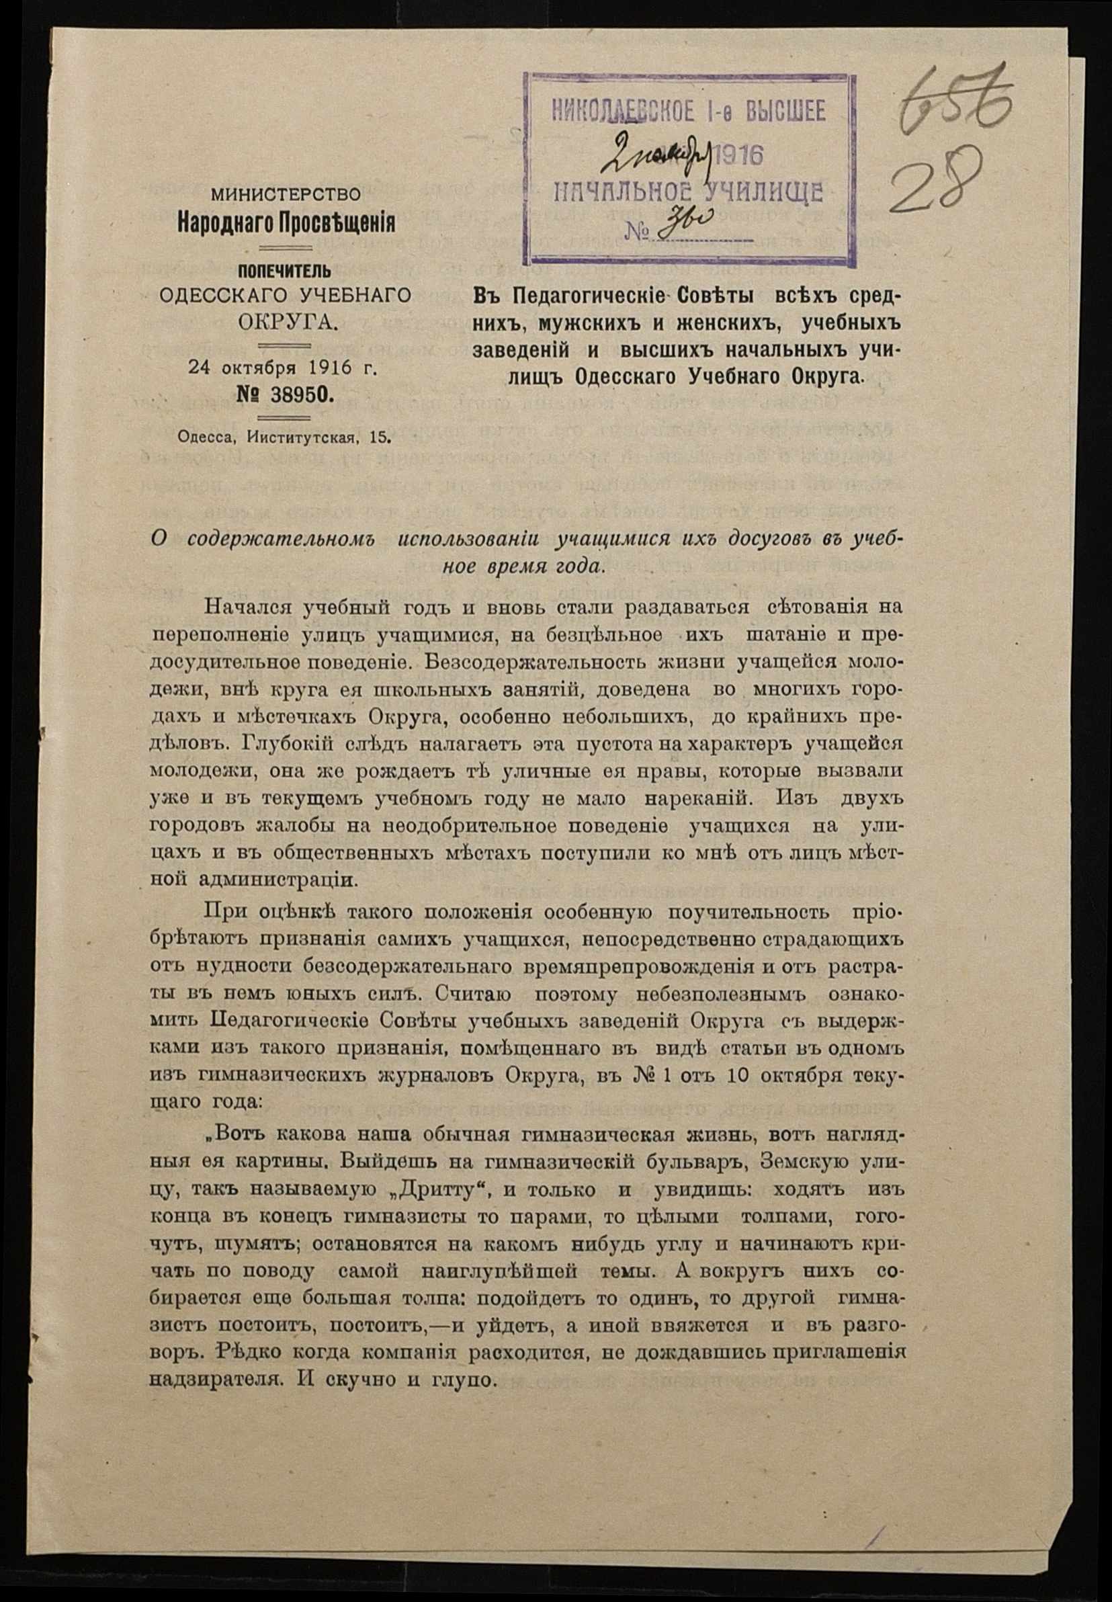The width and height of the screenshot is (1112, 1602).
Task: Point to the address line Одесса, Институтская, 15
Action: point(284,437)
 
